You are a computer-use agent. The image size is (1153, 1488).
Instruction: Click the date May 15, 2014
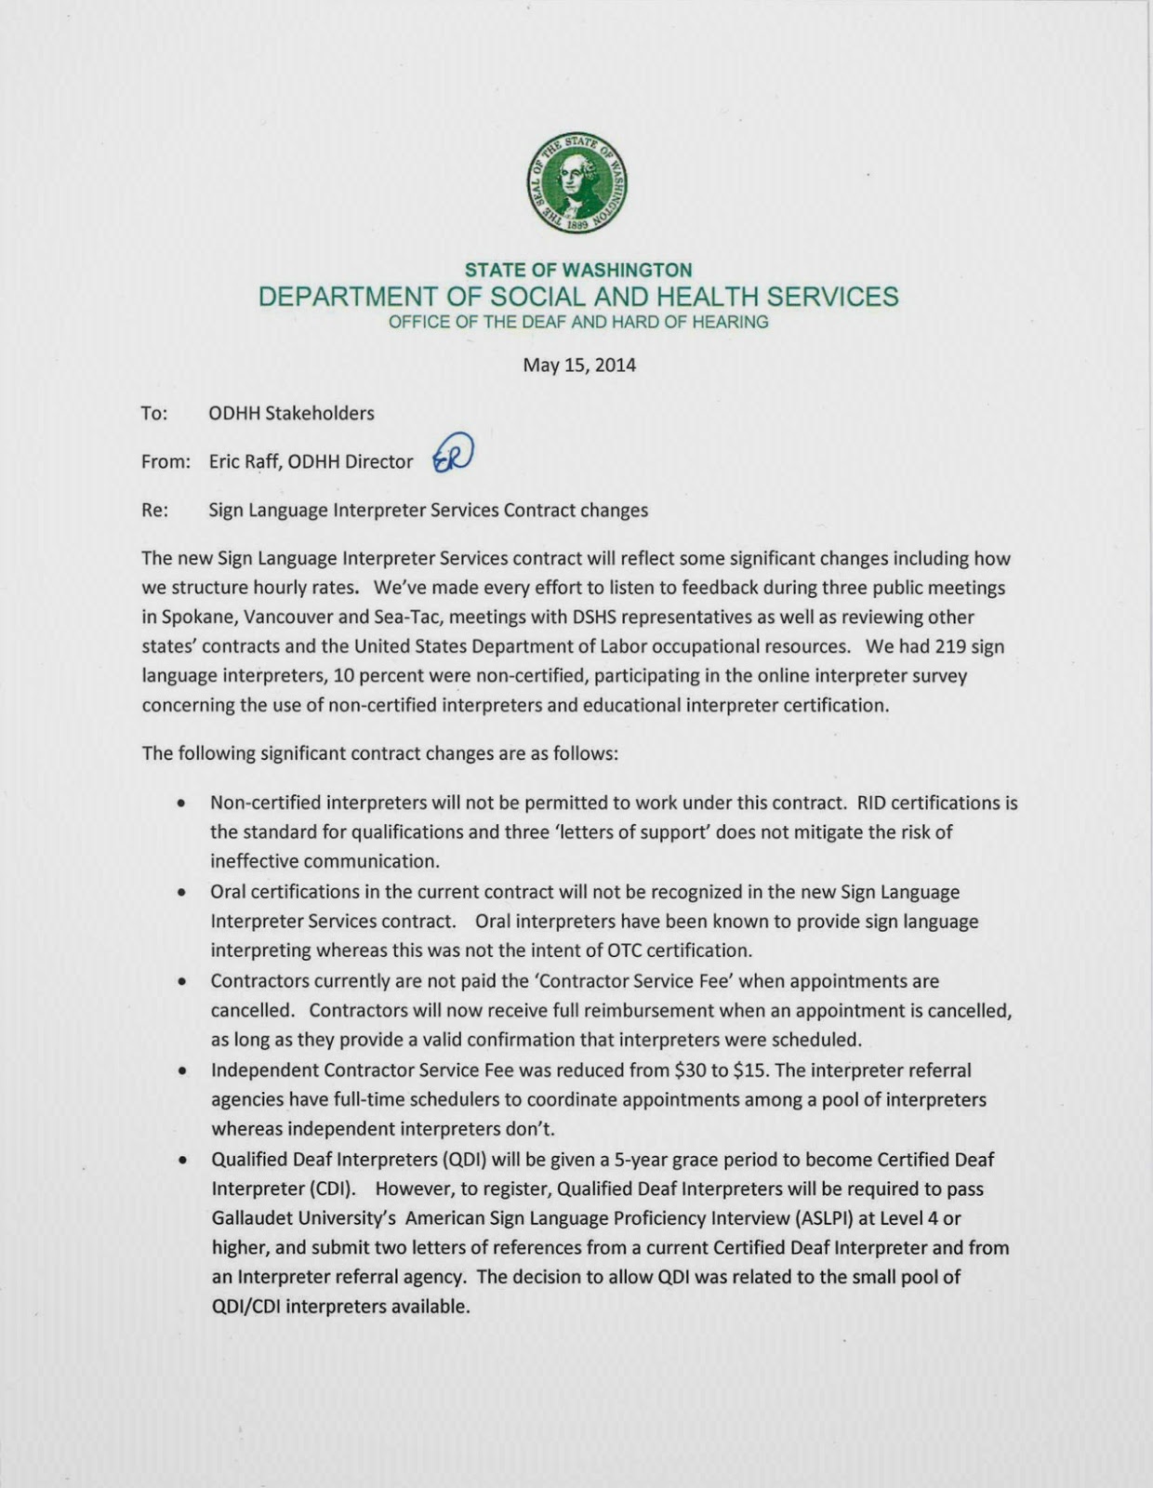[x=579, y=365]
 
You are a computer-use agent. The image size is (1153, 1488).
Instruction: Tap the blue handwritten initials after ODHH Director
[x=454, y=456]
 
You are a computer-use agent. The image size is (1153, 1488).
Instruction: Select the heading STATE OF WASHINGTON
[x=578, y=270]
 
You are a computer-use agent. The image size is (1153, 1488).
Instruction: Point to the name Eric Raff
[x=244, y=461]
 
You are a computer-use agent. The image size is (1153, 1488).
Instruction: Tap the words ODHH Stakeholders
[x=291, y=413]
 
